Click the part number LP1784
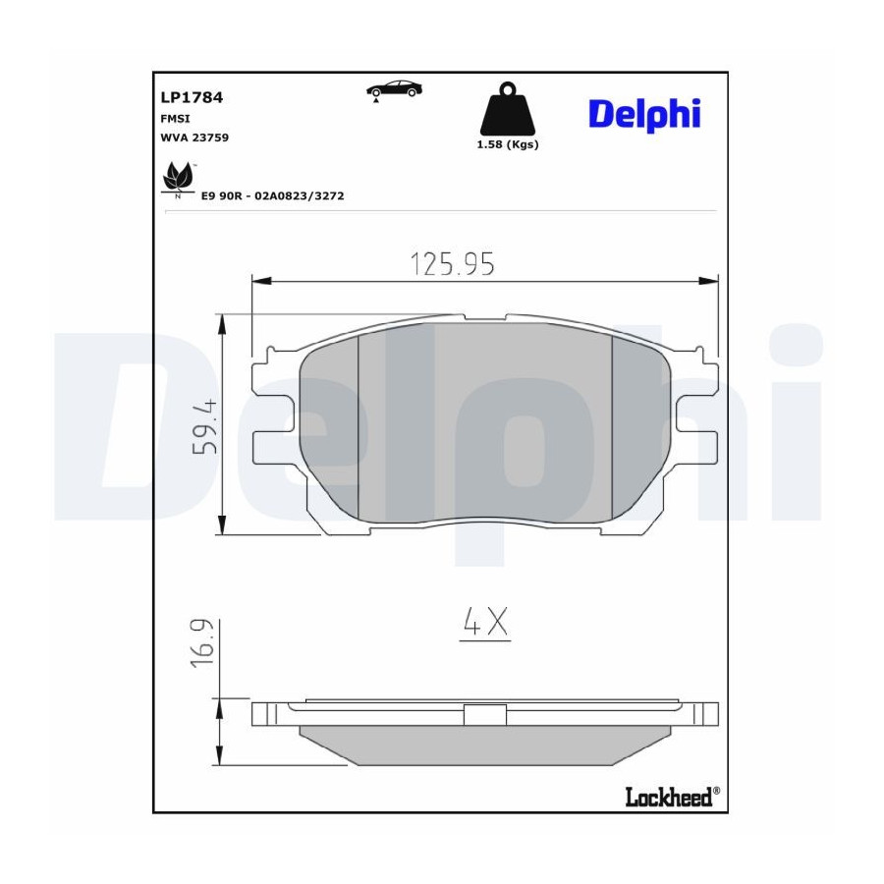[x=192, y=97]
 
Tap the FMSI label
[x=176, y=119]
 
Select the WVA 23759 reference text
[x=194, y=138]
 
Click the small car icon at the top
[x=394, y=90]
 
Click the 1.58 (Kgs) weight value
[x=508, y=144]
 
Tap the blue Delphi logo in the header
[x=644, y=115]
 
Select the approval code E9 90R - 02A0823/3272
[x=272, y=196]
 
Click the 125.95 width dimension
[x=452, y=264]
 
